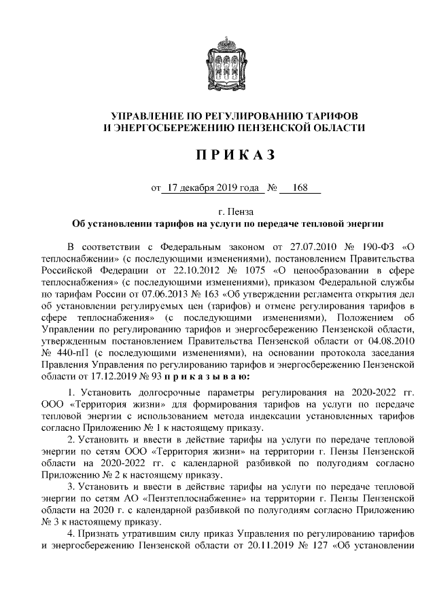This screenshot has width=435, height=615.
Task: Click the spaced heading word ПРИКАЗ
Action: (234, 155)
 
